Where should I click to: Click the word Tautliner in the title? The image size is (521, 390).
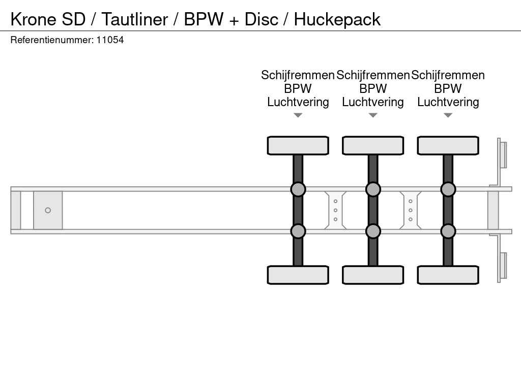[x=134, y=19]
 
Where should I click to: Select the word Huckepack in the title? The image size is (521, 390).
[x=337, y=19]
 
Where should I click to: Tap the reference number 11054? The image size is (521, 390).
[x=110, y=40]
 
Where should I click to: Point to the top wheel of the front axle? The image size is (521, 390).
[x=298, y=146]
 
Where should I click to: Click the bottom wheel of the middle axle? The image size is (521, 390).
[x=373, y=275]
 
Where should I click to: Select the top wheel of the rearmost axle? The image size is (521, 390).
[x=448, y=146]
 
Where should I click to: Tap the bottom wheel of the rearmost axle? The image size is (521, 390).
[x=448, y=275]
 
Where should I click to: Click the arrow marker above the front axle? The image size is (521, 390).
[x=298, y=115]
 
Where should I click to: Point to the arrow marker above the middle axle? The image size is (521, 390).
[x=373, y=115]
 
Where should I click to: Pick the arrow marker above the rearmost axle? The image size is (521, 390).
[x=448, y=115]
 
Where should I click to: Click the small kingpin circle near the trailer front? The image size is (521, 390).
[x=48, y=210]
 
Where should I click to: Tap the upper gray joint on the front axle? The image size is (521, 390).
[x=298, y=189]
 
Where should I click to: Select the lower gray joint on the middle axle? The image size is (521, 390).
[x=373, y=231]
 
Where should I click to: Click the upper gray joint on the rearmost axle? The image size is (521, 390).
[x=448, y=189]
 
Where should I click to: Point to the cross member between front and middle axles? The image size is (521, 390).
[x=335, y=210]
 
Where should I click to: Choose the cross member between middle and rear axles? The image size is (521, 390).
[x=411, y=210]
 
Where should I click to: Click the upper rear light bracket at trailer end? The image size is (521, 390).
[x=502, y=154]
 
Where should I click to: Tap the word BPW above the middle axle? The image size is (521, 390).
[x=373, y=88]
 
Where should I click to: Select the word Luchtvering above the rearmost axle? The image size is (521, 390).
[x=448, y=102]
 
